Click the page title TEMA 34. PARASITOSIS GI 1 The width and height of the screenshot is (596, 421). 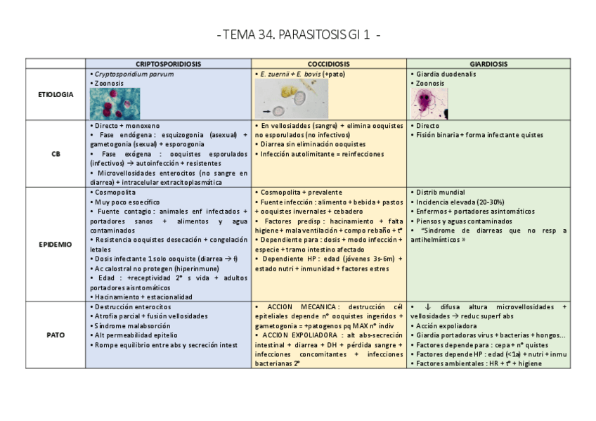[298, 35]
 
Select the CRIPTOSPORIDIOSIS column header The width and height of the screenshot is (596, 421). [168, 63]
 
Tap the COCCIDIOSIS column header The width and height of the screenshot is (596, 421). [329, 63]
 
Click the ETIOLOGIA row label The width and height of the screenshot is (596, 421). [56, 94]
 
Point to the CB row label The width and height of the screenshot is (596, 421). [56, 153]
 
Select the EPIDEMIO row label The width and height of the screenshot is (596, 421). [56, 245]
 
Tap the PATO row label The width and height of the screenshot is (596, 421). [56, 335]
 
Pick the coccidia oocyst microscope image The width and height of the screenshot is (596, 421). [290, 98]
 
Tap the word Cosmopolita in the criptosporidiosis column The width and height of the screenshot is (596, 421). [115, 192]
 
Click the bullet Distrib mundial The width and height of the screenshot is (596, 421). [441, 192]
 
